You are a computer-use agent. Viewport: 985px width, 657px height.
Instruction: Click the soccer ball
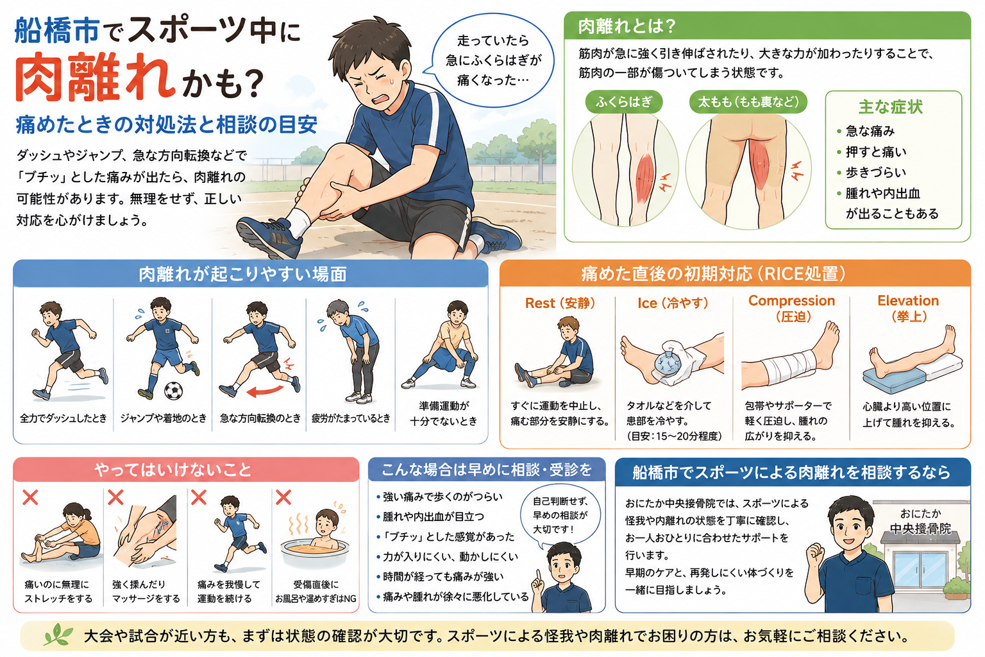(x=173, y=390)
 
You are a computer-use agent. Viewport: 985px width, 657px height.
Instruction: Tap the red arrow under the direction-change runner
(x=264, y=390)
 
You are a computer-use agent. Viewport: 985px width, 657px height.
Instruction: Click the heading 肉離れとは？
(x=626, y=26)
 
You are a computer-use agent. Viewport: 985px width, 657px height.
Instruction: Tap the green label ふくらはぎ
(x=623, y=102)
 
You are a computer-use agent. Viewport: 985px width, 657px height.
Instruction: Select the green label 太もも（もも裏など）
(x=748, y=102)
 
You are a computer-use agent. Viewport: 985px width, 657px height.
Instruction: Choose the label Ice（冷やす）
(x=672, y=303)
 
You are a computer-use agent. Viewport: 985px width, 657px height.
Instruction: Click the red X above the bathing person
(x=283, y=498)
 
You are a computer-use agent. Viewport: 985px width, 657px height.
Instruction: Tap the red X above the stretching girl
(x=30, y=498)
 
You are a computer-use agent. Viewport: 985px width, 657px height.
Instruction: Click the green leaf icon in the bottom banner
(x=58, y=635)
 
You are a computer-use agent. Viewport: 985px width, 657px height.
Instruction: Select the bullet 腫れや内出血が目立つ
(x=430, y=516)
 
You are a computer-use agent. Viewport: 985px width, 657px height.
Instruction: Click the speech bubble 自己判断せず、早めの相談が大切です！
(x=560, y=515)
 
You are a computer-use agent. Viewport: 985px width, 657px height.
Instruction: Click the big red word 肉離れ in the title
(x=95, y=78)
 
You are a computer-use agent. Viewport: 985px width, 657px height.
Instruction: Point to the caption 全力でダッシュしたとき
(x=63, y=418)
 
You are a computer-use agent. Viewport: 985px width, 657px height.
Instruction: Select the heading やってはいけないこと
(x=173, y=470)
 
